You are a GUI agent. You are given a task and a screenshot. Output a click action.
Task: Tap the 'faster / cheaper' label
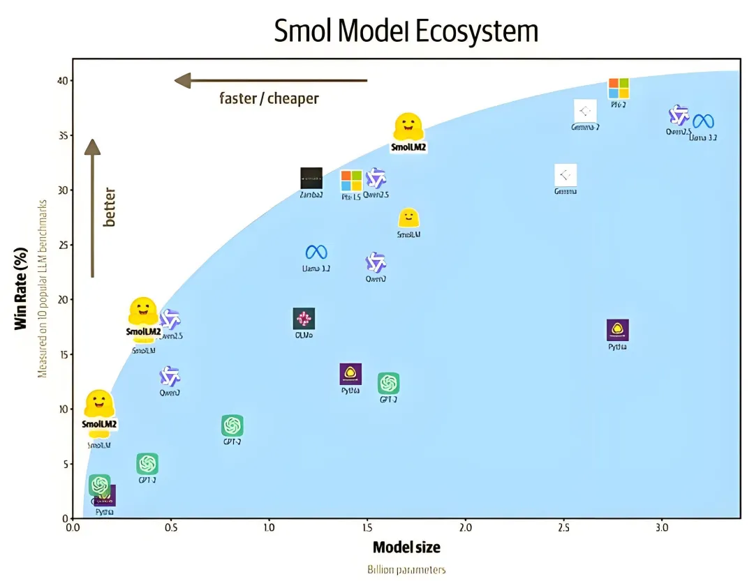click(x=269, y=98)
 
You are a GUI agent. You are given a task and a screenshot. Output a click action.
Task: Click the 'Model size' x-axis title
click(x=406, y=547)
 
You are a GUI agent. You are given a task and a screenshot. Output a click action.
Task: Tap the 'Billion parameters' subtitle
click(x=406, y=570)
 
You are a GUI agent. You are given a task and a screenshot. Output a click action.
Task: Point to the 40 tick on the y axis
click(x=64, y=81)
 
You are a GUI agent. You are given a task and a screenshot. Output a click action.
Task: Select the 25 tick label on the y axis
click(x=64, y=245)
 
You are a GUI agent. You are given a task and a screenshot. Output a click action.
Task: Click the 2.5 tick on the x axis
click(x=563, y=528)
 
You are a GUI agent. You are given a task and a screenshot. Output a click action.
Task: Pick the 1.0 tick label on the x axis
click(x=269, y=528)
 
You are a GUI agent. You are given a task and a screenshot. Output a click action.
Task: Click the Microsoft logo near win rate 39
click(x=619, y=89)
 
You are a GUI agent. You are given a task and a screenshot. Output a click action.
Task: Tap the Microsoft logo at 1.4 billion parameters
click(x=351, y=181)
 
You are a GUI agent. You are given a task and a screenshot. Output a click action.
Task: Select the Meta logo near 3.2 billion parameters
click(x=703, y=121)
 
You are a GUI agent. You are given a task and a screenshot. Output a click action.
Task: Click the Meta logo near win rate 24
click(x=316, y=252)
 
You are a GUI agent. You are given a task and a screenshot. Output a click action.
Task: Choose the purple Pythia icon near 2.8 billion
click(x=617, y=330)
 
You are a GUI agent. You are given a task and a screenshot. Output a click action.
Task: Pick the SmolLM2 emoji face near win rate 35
click(x=408, y=127)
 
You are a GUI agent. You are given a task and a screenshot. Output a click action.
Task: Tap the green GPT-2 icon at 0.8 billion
click(x=232, y=425)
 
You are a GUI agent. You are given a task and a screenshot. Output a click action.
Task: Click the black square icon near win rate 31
click(x=311, y=179)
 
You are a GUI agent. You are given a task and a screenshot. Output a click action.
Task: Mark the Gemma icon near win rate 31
click(x=565, y=175)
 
